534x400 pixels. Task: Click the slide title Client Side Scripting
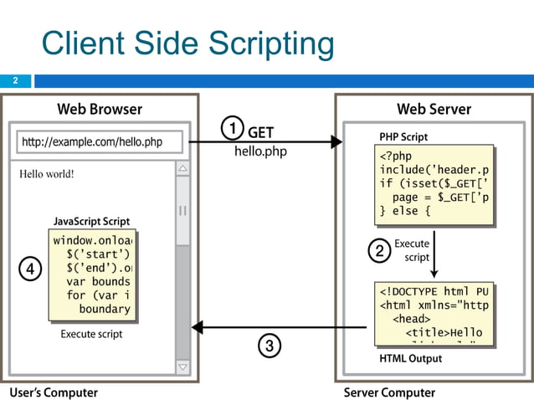pos(187,44)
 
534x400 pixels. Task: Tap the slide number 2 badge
pos(14,81)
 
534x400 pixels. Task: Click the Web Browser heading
pos(100,109)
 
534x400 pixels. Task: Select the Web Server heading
pos(434,109)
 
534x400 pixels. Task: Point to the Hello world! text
pos(47,174)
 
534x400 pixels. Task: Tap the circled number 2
pos(379,250)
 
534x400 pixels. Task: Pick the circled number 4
pos(29,269)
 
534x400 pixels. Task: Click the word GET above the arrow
pos(260,132)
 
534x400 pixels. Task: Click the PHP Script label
pos(403,136)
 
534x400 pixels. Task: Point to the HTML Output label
pos(410,359)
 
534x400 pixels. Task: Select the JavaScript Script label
pos(91,222)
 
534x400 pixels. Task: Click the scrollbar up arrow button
pos(182,169)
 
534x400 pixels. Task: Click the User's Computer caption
pos(54,392)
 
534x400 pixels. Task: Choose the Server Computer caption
pos(390,392)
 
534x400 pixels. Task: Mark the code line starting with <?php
pos(396,156)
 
